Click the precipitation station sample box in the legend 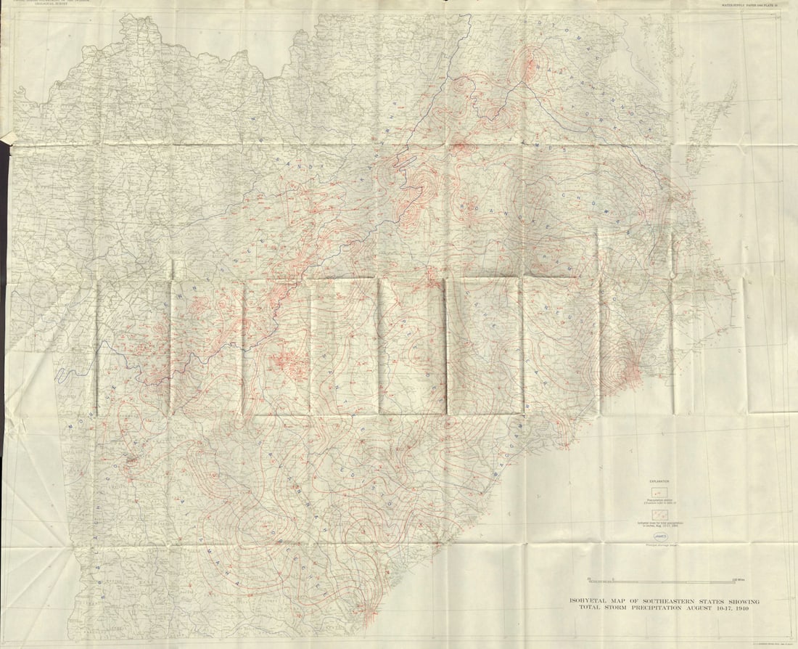pos(659,492)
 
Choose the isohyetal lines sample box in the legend pos(659,513)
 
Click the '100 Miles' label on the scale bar pos(739,579)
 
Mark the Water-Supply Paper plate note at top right pos(749,5)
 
